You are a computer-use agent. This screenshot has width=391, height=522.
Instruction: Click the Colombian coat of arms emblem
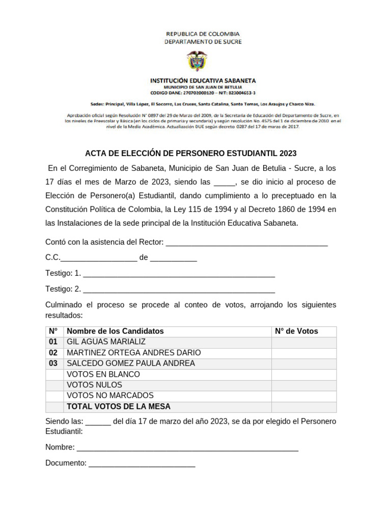(198, 61)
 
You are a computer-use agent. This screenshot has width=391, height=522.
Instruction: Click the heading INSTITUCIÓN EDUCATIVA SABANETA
(203, 81)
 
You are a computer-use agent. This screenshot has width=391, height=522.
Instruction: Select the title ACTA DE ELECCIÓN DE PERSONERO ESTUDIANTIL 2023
(190, 153)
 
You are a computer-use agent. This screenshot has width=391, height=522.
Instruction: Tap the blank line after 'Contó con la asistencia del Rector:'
(247, 243)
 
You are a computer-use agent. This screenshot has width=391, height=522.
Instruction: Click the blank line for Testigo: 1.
(179, 274)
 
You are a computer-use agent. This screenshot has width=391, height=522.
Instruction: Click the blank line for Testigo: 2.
(179, 290)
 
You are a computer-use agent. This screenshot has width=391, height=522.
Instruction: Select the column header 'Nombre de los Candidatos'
(116, 331)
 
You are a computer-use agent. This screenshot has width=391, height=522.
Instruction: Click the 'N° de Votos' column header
(296, 331)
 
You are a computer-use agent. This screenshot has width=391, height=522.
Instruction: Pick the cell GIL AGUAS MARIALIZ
(106, 342)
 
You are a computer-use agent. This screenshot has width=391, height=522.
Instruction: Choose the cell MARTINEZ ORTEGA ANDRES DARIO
(134, 353)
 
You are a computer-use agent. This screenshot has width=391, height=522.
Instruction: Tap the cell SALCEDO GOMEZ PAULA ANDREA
(131, 363)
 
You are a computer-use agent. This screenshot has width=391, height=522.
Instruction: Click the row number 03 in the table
(53, 363)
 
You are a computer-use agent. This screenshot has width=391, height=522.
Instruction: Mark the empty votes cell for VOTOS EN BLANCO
(303, 374)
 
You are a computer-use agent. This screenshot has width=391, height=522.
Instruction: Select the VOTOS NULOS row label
(95, 385)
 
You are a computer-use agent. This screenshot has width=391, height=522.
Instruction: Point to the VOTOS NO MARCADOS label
(110, 396)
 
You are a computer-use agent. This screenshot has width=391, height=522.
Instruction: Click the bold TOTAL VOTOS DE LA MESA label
(119, 407)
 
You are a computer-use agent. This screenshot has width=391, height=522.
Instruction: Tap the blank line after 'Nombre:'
(187, 448)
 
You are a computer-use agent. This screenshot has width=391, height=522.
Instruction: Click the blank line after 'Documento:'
(142, 464)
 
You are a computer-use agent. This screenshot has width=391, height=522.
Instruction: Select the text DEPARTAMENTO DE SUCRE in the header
(203, 42)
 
